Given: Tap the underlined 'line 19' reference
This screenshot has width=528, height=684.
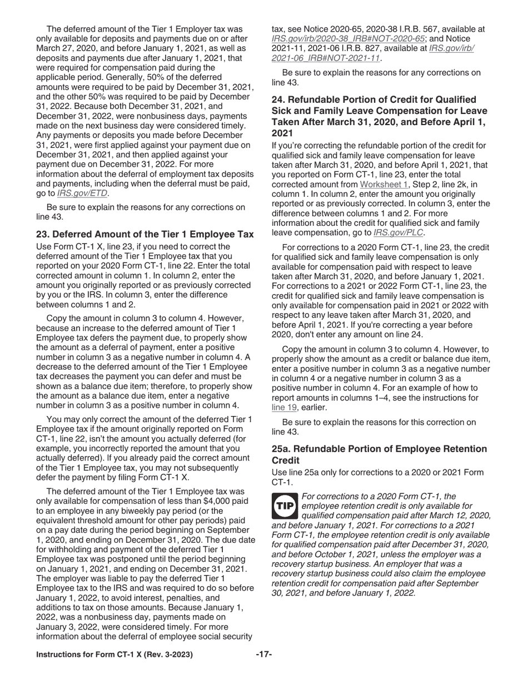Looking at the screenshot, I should point(284,408).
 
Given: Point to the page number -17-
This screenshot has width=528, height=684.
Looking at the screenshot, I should point(263,655).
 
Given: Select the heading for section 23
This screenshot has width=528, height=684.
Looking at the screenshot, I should point(145,234).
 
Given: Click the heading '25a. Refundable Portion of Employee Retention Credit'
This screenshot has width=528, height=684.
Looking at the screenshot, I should point(379,454).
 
